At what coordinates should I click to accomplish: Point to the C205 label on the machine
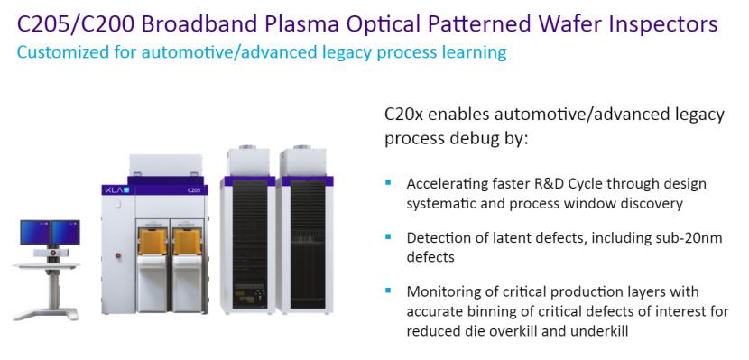click(194, 191)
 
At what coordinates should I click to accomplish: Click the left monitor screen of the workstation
click(35, 232)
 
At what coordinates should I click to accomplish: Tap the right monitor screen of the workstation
click(66, 232)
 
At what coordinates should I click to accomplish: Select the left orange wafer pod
click(153, 242)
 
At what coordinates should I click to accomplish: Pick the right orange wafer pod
click(187, 242)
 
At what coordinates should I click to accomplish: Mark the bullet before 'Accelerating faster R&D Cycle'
click(387, 182)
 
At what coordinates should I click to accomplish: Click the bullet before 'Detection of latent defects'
click(387, 236)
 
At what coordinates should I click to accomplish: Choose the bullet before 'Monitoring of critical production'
click(387, 290)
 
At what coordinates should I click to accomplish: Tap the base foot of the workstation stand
click(45, 314)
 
